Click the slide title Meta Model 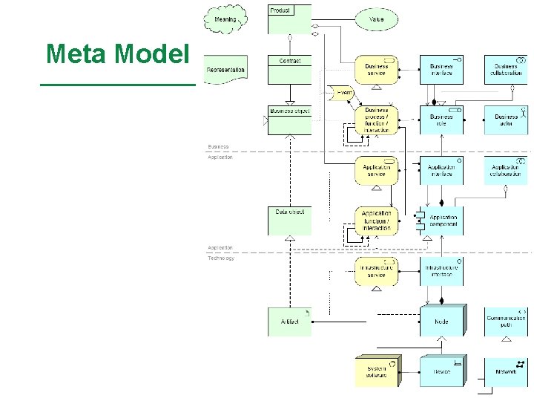[x=118, y=53]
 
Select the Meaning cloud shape [x=225, y=20]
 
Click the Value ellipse [x=376, y=19]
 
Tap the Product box [x=289, y=19]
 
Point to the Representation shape [x=225, y=70]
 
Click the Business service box [x=376, y=70]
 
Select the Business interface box [x=441, y=70]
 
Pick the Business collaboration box [x=506, y=70]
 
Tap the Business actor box [x=506, y=120]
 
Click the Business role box [x=441, y=120]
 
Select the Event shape [x=341, y=94]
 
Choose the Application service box [x=376, y=171]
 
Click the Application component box [x=441, y=221]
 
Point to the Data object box [x=290, y=221]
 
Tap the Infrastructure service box [x=376, y=271]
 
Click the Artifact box [x=290, y=322]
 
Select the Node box [x=441, y=321]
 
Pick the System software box [x=376, y=371]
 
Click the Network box [x=506, y=371]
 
